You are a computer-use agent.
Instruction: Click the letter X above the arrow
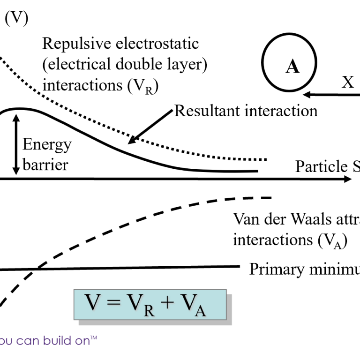pos(347,82)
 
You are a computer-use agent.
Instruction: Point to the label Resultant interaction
pos(246,111)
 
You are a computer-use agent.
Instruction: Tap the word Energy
pos(47,144)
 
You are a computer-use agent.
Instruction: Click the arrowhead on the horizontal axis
pos(347,179)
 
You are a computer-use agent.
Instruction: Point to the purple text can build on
pos(50,340)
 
